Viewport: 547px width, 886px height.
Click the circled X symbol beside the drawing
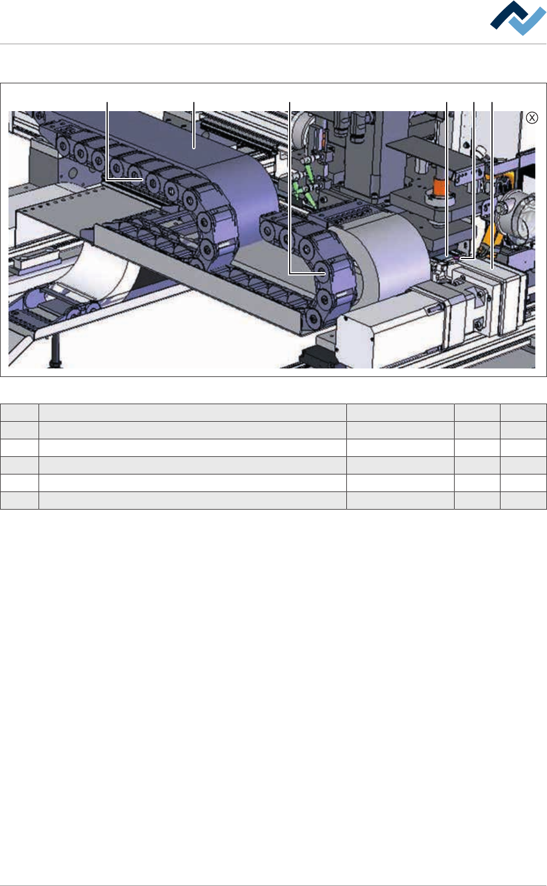(532, 118)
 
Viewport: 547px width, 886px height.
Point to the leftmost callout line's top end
(107, 103)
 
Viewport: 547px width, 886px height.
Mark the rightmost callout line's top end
(492, 103)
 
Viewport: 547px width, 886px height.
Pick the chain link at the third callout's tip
(324, 273)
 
